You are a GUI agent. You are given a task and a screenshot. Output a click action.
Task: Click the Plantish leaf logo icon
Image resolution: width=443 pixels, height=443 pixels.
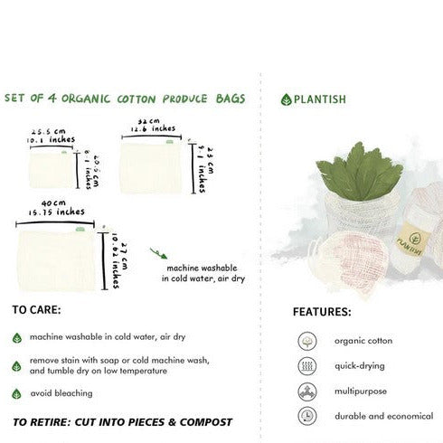(x=287, y=99)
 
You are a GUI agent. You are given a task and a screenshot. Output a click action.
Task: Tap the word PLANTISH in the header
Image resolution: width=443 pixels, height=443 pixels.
(x=321, y=99)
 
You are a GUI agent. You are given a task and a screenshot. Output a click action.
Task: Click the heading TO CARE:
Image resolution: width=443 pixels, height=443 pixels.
(x=37, y=309)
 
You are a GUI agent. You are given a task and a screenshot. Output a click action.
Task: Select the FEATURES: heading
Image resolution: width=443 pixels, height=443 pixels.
(x=322, y=312)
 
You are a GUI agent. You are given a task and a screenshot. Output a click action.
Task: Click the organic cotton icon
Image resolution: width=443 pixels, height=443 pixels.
(x=306, y=342)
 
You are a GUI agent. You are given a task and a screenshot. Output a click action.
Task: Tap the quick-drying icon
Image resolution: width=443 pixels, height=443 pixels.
(x=306, y=367)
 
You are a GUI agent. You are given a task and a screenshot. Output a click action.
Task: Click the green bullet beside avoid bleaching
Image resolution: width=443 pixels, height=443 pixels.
(x=17, y=394)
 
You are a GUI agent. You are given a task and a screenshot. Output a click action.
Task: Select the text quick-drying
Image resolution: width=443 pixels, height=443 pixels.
(x=360, y=367)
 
